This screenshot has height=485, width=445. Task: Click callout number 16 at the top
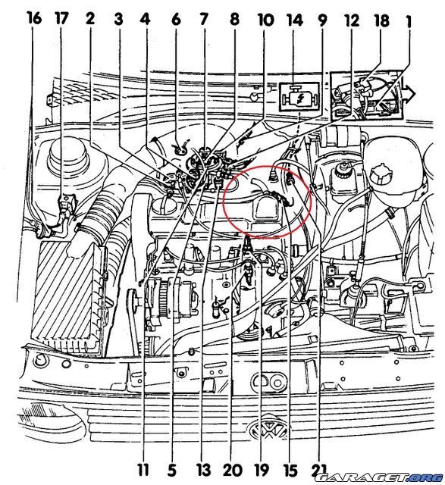click(33, 18)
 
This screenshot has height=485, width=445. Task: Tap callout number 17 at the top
click(62, 18)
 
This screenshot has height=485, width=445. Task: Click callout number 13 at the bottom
click(202, 468)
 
